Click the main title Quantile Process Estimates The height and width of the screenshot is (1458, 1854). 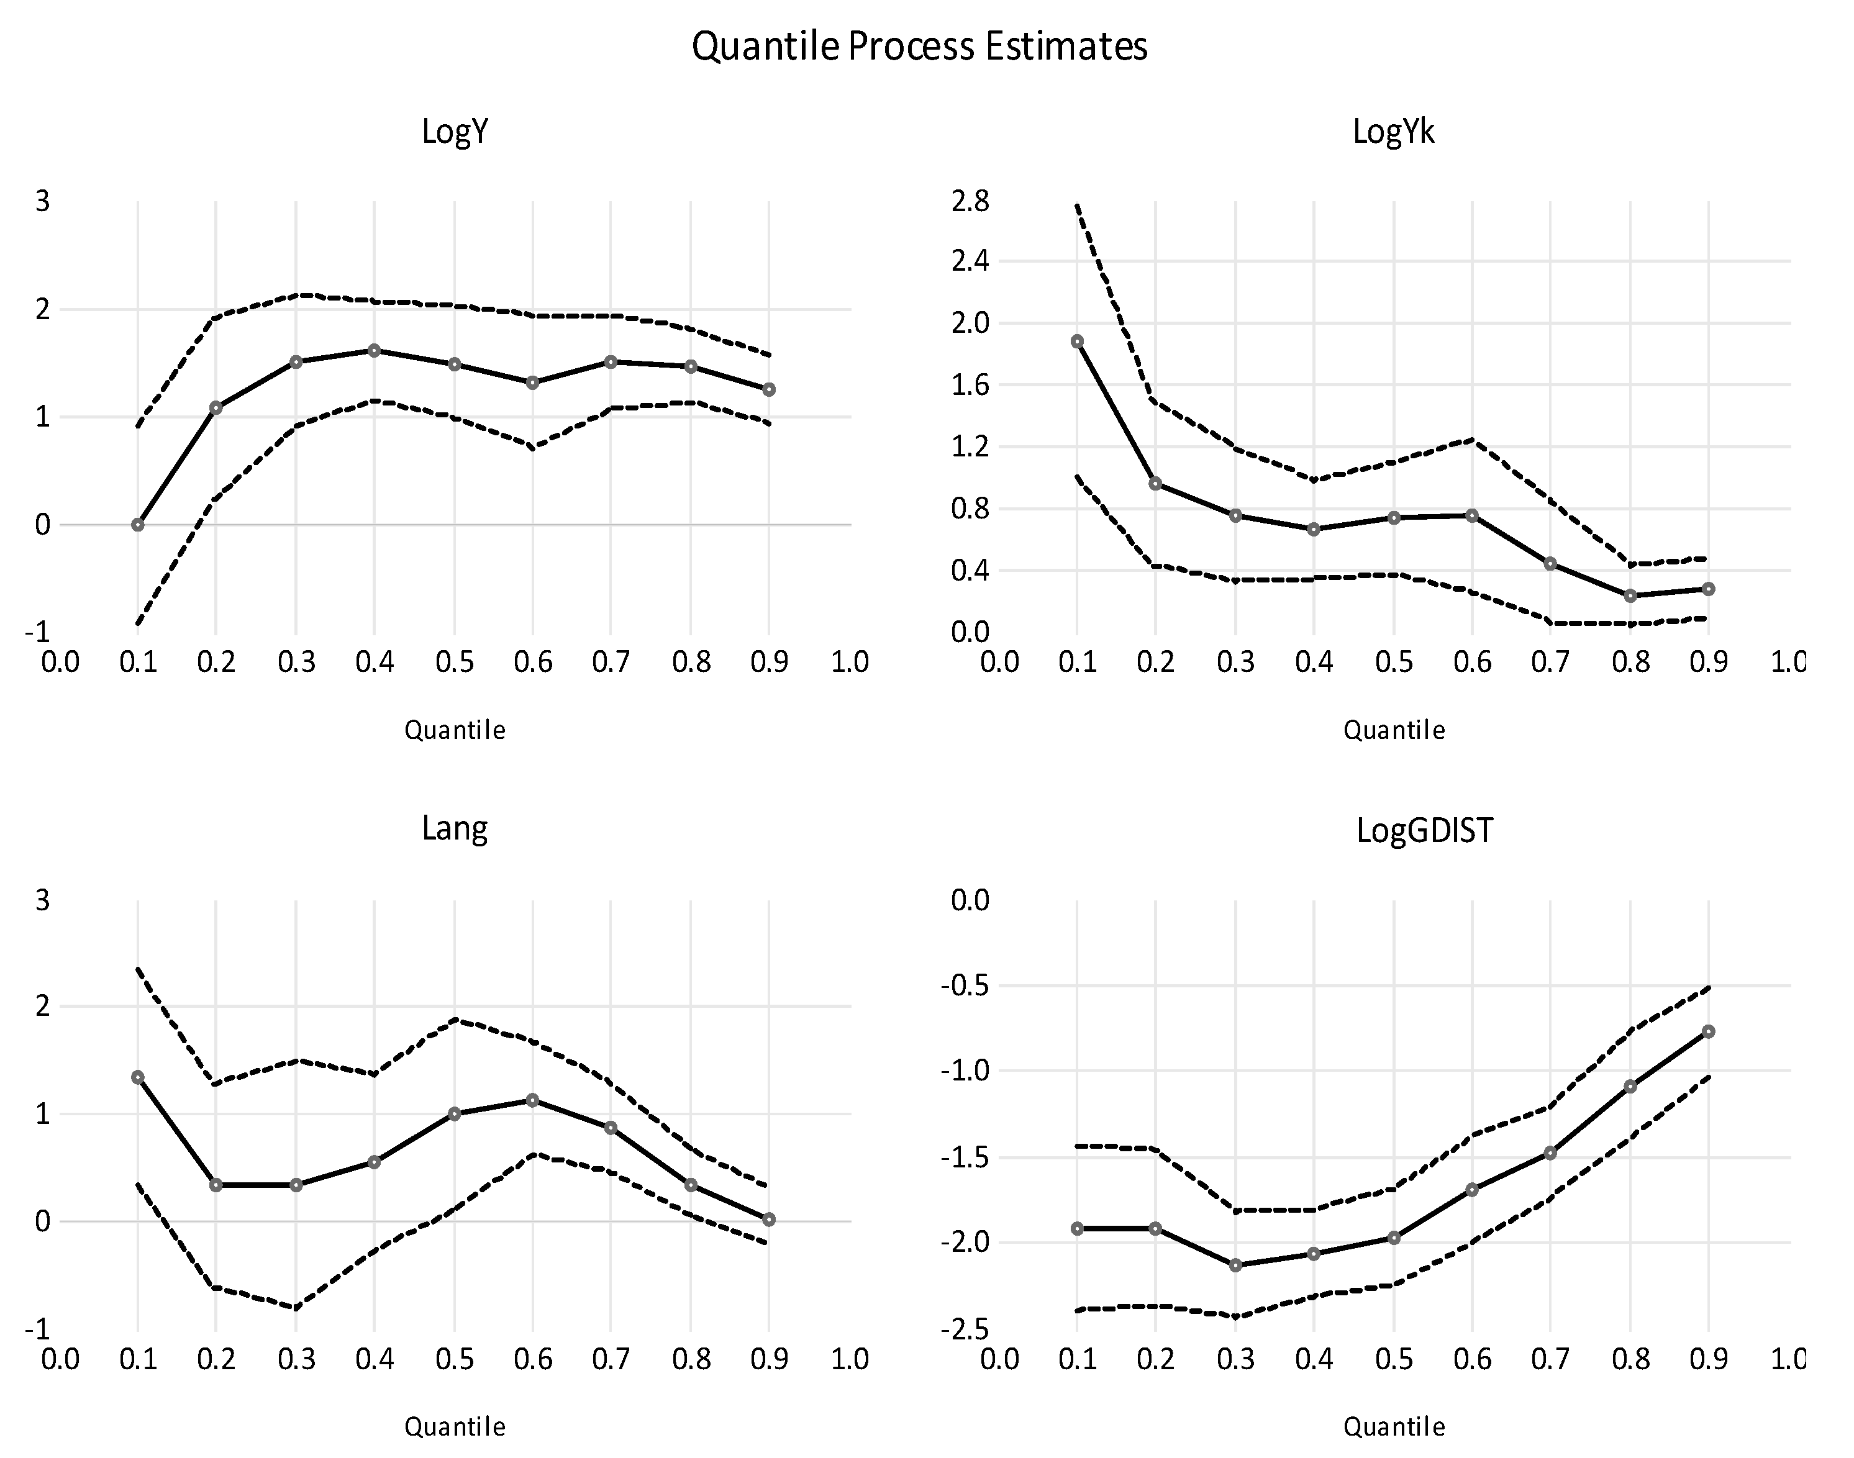(x=919, y=46)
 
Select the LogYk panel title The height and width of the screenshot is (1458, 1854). (x=1393, y=132)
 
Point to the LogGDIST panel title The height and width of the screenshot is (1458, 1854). (x=1425, y=830)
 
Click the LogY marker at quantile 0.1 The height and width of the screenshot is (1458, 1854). (x=137, y=524)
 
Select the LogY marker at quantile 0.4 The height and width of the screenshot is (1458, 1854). (x=374, y=350)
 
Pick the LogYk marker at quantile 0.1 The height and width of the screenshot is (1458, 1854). (x=1077, y=341)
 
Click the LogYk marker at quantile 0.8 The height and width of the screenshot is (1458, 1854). (x=1630, y=596)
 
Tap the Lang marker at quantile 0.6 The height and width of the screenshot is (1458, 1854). (x=533, y=1100)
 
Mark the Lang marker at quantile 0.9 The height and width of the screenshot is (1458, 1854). (x=769, y=1220)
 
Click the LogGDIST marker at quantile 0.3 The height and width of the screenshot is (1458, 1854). (x=1235, y=1265)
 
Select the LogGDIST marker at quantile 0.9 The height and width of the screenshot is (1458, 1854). (x=1709, y=1031)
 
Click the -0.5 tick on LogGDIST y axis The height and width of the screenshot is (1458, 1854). (x=965, y=985)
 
